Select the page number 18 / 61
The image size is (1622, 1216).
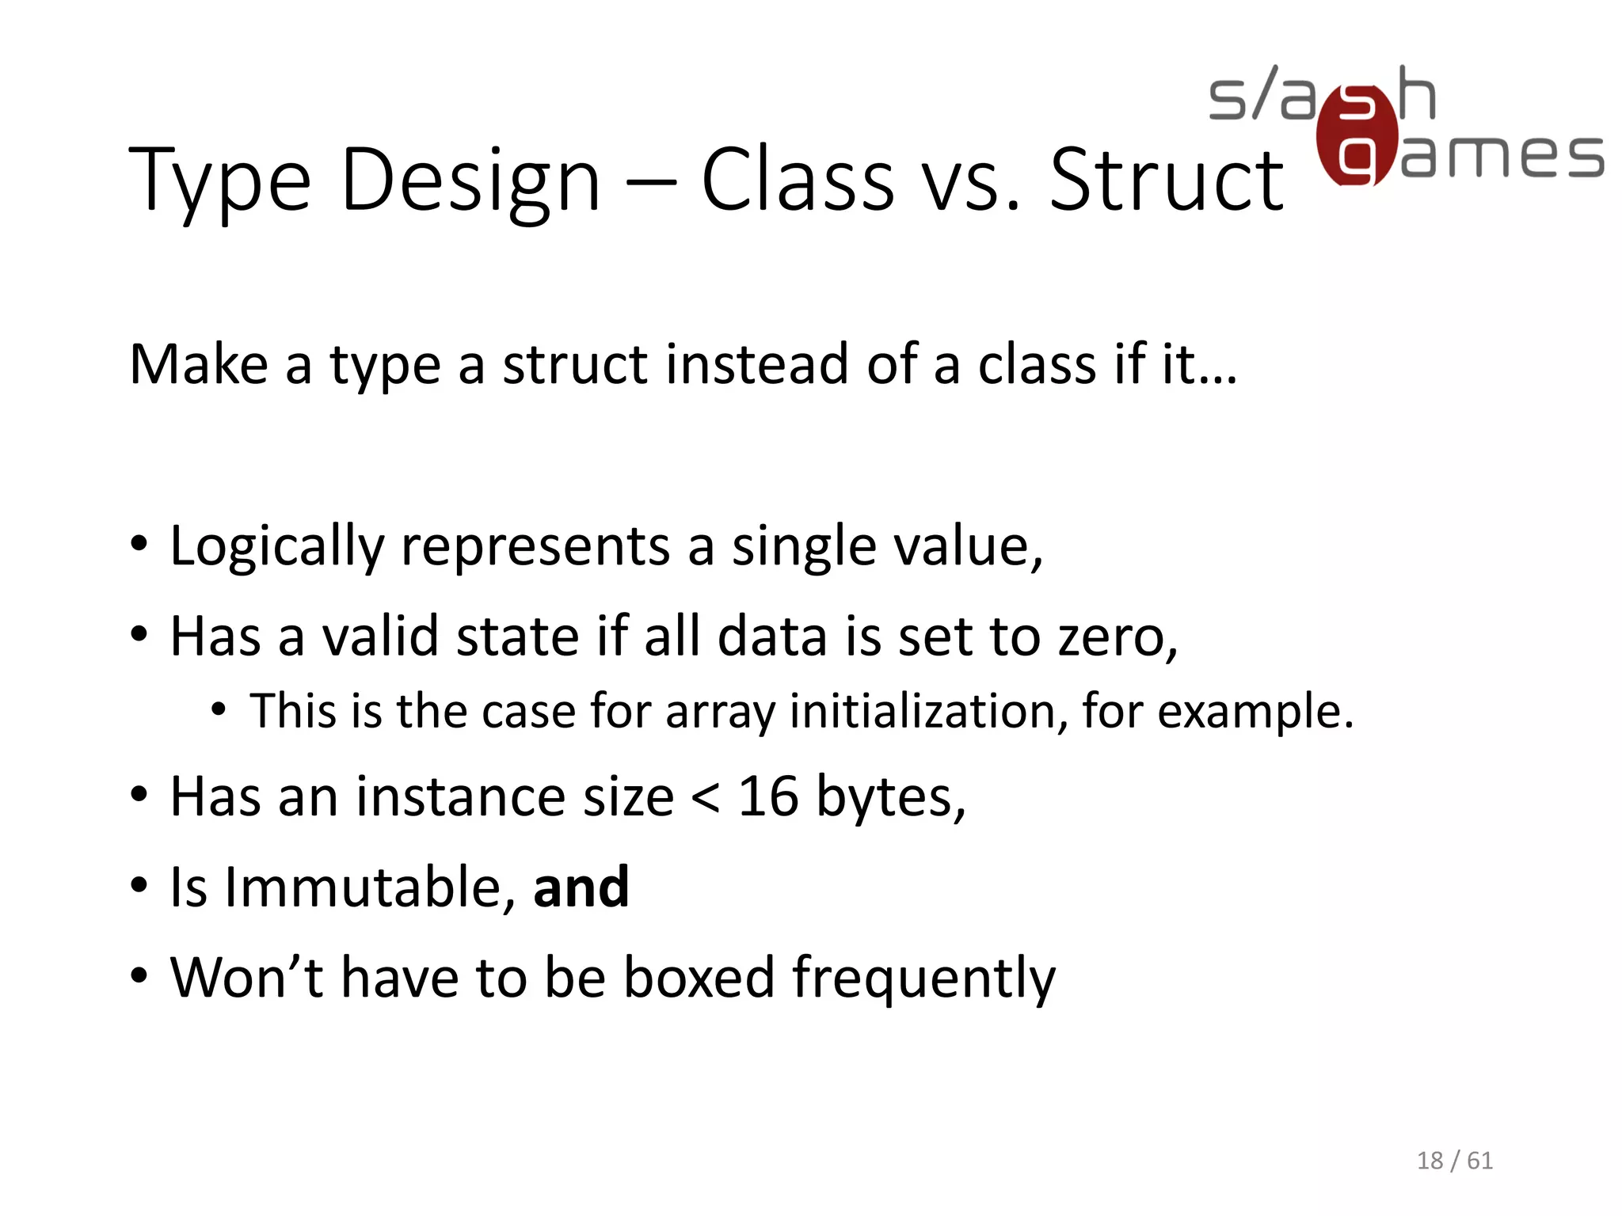tap(1454, 1161)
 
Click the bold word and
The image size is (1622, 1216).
tap(581, 887)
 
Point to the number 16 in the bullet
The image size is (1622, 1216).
tap(767, 796)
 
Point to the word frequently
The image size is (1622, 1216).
tap(923, 978)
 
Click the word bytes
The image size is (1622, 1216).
tap(890, 796)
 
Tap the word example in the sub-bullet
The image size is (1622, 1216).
tap(1255, 711)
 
